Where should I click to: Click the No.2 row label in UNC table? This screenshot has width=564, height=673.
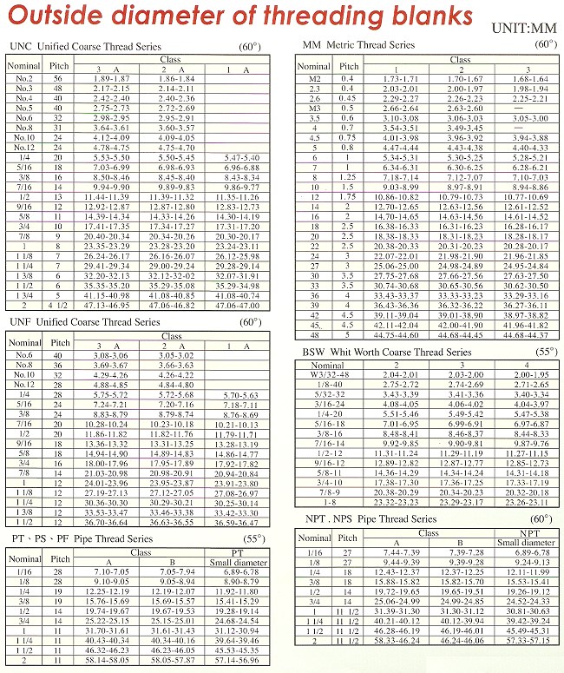24,78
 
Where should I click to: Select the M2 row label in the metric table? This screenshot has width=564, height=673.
314,78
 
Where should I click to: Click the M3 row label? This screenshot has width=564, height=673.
314,108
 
